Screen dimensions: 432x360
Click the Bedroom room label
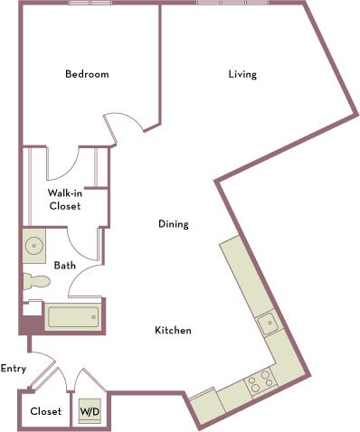pyautogui.click(x=87, y=74)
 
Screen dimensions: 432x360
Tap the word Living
pyautogui.click(x=242, y=74)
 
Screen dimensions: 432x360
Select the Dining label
pyautogui.click(x=173, y=224)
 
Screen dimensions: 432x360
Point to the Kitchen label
pyautogui.click(x=173, y=331)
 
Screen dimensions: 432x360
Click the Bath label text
pyautogui.click(x=64, y=266)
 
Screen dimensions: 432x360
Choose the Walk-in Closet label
pyautogui.click(x=64, y=199)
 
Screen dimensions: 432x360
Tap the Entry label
pyautogui.click(x=13, y=368)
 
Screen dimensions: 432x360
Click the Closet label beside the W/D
pyautogui.click(x=46, y=411)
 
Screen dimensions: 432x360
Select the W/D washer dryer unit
pyautogui.click(x=90, y=411)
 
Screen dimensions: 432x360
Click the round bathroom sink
pyautogui.click(x=35, y=245)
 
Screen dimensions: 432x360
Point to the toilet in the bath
pyautogui.click(x=34, y=281)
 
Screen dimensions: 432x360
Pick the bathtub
pyautogui.click(x=74, y=317)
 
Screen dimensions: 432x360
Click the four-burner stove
pyautogui.click(x=261, y=380)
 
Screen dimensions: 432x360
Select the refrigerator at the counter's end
pyautogui.click(x=204, y=406)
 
